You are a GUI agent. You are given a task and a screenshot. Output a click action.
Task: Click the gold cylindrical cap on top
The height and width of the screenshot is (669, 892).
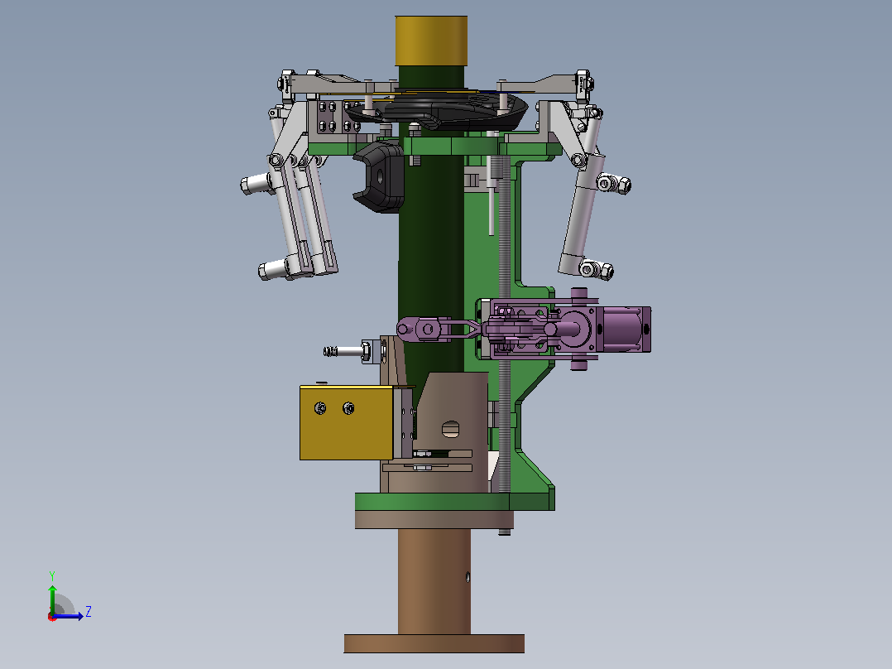(x=431, y=41)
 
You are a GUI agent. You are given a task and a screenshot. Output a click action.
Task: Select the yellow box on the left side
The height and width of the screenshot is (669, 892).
(x=347, y=422)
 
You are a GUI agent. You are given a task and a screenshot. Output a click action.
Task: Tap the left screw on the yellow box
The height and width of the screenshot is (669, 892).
(x=320, y=407)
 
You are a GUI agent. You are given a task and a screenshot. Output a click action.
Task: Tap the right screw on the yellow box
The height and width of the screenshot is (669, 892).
(x=348, y=407)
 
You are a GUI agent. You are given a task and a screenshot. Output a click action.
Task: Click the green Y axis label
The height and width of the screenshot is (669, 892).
(x=52, y=575)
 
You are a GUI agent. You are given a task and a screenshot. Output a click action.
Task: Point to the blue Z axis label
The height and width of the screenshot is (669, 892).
(x=89, y=612)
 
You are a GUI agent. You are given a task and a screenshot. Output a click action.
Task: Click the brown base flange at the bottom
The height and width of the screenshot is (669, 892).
(x=434, y=643)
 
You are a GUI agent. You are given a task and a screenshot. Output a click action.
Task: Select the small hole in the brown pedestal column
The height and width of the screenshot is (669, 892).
(x=468, y=577)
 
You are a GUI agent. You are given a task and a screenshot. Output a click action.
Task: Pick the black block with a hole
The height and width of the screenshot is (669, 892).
(x=380, y=176)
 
